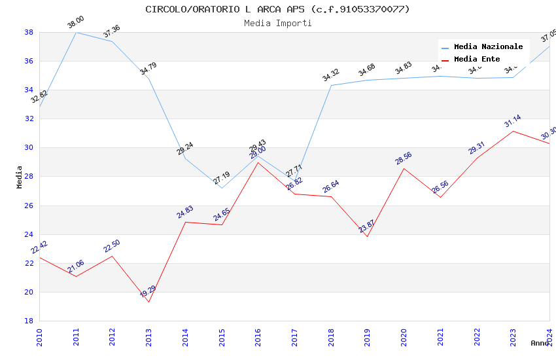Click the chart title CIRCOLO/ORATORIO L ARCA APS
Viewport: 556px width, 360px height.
point(277,9)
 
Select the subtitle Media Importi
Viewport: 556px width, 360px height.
point(277,23)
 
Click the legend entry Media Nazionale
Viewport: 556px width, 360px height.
point(488,47)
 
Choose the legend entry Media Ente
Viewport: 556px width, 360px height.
point(477,60)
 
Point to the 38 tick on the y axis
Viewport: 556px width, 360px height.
point(29,32)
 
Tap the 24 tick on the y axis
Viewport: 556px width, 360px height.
point(29,234)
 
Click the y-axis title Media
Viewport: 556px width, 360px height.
point(20,177)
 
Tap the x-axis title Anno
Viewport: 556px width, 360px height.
point(540,343)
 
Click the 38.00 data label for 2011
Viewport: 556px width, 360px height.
point(76,23)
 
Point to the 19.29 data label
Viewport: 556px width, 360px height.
point(148,291)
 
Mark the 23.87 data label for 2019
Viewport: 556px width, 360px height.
point(366,226)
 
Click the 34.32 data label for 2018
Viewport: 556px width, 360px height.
point(330,75)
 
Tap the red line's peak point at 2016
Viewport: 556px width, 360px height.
point(258,162)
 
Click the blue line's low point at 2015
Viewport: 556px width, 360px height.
point(222,189)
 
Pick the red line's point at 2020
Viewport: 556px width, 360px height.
point(404,168)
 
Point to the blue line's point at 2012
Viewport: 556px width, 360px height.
point(113,41)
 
